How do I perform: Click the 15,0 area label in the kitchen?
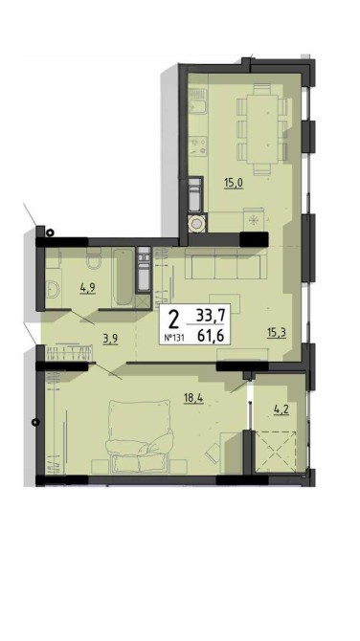(x=234, y=183)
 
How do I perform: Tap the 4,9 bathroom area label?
(x=87, y=288)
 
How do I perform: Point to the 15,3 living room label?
(x=276, y=333)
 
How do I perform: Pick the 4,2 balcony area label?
(x=281, y=409)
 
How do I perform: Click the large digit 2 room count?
(x=174, y=320)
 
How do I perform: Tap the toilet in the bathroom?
(x=94, y=261)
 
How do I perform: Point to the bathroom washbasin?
(x=53, y=290)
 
